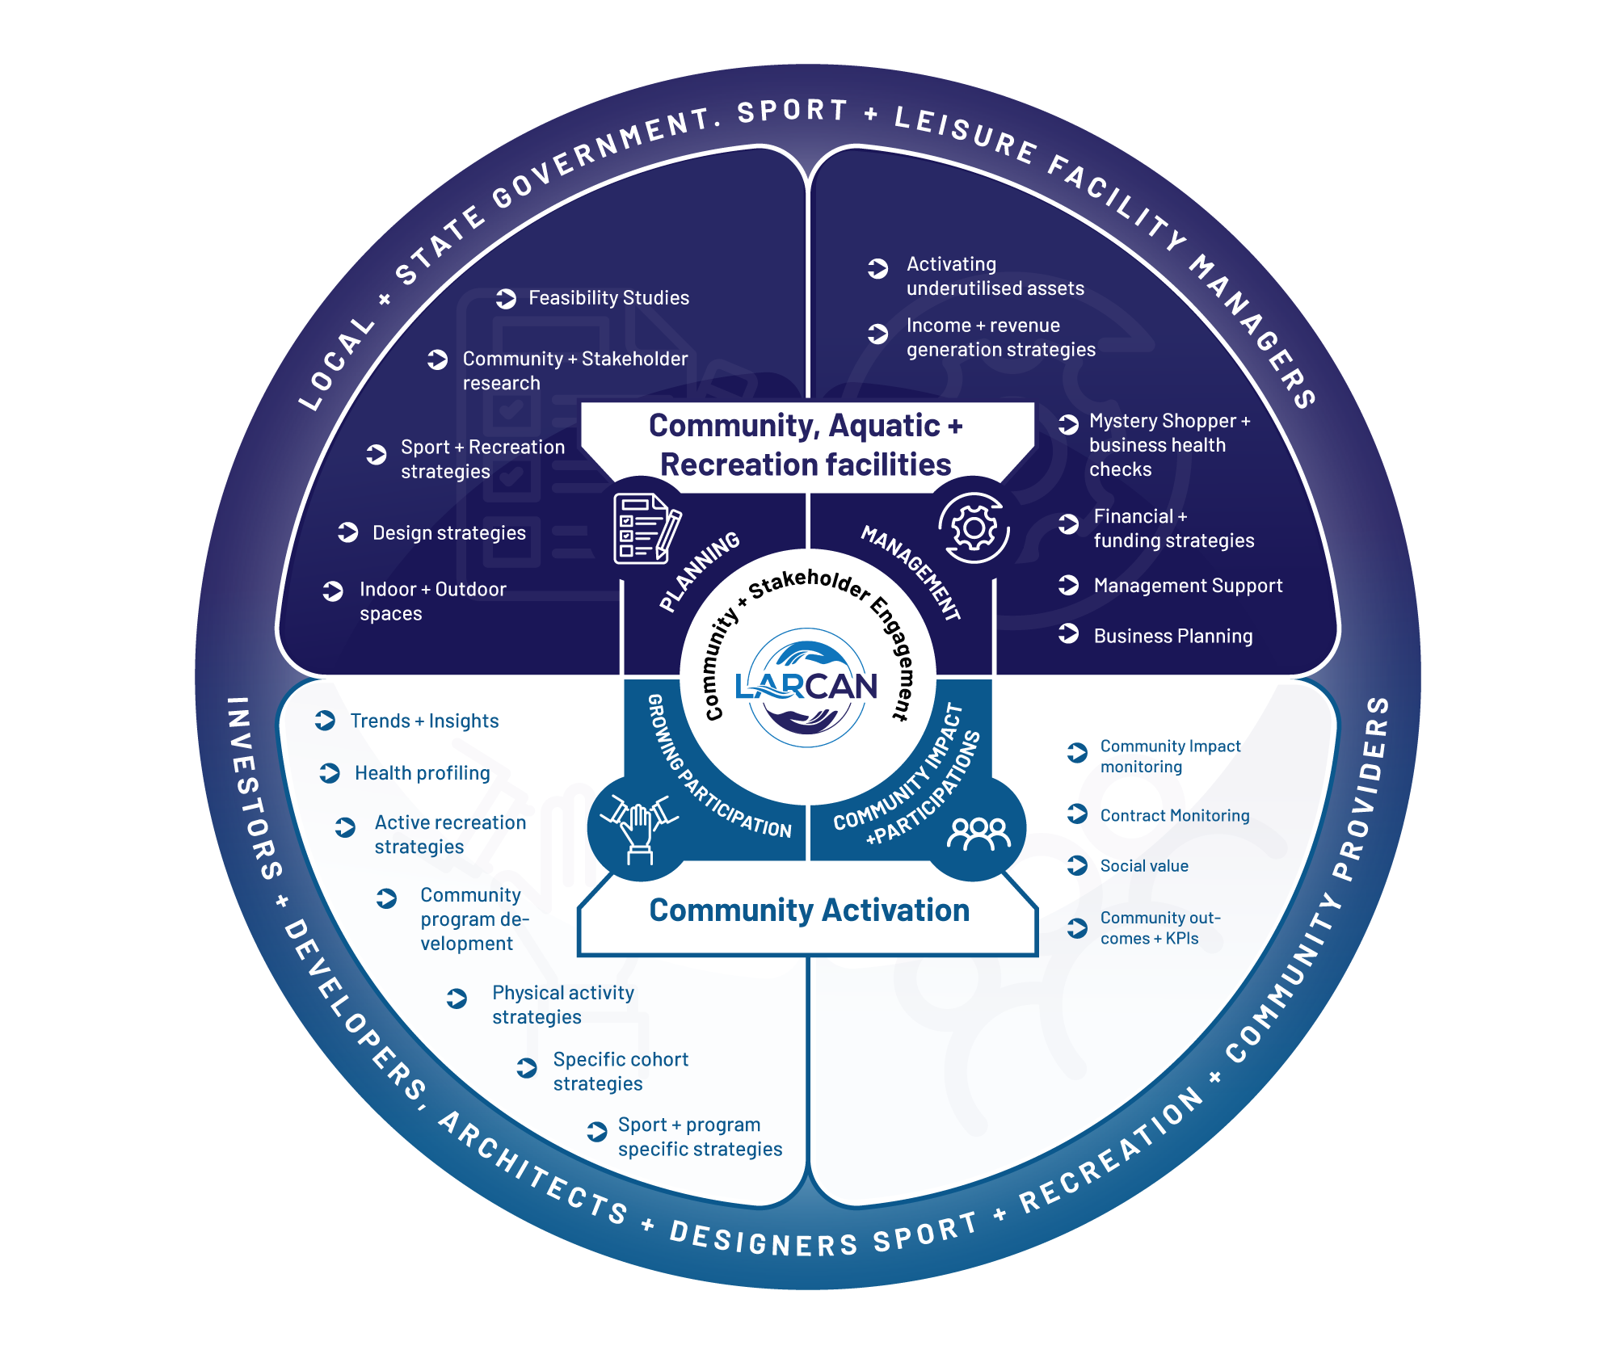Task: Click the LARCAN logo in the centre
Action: point(806,687)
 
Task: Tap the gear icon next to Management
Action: point(974,528)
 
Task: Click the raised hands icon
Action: point(641,829)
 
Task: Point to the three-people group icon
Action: point(978,832)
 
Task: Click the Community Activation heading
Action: point(809,910)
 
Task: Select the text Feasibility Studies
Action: point(608,298)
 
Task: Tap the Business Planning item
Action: point(1172,636)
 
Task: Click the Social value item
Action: point(1144,866)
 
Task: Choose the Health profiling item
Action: point(422,773)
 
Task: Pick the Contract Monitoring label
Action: point(1174,816)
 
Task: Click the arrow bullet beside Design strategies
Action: point(347,532)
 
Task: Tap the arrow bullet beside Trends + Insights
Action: point(325,721)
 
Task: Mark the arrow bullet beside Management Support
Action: point(1068,585)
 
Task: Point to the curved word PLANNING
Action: point(699,571)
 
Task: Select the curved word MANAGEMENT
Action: point(911,571)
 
